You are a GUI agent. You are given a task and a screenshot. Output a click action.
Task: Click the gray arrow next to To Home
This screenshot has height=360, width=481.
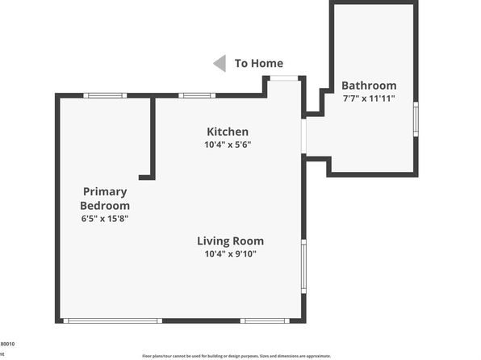[219, 63]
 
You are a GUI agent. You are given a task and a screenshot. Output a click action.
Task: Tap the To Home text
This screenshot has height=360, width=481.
[258, 63]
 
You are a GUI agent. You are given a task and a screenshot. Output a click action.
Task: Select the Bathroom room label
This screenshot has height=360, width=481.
[369, 85]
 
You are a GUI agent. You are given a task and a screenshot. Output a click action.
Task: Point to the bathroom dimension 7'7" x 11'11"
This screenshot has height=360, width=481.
[369, 98]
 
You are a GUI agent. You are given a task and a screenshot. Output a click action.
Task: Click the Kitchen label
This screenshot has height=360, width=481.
[228, 132]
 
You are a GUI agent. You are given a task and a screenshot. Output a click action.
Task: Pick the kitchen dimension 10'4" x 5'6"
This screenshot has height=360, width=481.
[228, 145]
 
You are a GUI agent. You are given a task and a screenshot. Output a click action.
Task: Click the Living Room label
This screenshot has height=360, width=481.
[231, 241]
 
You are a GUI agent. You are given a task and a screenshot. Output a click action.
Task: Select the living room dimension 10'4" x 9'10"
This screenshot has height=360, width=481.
[231, 254]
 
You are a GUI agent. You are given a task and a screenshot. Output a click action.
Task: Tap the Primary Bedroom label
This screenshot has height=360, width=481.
[105, 199]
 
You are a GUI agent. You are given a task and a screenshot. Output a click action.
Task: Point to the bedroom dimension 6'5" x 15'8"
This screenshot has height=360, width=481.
[105, 218]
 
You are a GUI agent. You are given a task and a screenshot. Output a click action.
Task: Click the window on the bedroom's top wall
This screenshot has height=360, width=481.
[105, 95]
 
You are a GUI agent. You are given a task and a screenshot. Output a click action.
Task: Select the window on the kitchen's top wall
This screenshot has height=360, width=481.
[196, 95]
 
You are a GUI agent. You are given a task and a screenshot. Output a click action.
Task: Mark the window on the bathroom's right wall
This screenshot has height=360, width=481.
[416, 117]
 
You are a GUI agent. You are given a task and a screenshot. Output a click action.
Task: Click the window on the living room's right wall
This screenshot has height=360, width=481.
[303, 266]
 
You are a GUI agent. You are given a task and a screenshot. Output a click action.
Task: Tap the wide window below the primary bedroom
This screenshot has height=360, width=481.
[113, 320]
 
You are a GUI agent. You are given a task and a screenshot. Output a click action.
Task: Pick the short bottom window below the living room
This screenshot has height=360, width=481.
[264, 320]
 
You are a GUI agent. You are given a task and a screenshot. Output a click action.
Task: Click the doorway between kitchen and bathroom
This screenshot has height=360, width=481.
[304, 136]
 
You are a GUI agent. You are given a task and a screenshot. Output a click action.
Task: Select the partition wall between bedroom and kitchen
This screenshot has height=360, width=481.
[151, 137]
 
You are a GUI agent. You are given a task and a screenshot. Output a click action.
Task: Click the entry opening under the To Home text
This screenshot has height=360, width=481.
[283, 77]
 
